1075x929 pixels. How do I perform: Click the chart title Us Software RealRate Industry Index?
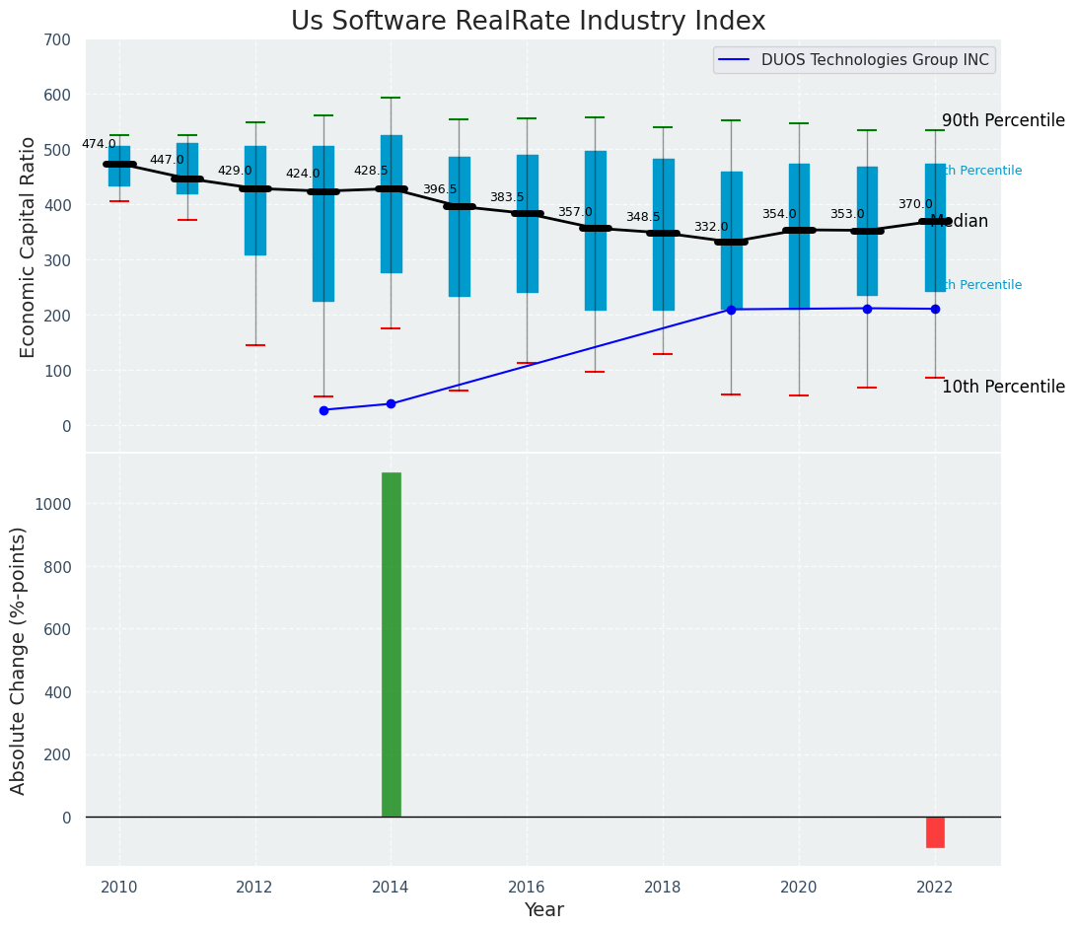point(528,22)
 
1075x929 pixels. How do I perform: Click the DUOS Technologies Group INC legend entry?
point(854,60)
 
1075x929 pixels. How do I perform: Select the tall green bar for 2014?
point(392,644)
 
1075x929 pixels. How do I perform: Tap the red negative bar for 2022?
point(935,831)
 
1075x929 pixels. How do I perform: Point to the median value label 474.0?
point(99,144)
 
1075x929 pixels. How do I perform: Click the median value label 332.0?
point(710,227)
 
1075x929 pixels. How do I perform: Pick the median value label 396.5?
point(440,189)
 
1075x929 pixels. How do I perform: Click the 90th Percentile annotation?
point(1003,121)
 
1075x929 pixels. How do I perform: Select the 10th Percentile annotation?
point(1003,388)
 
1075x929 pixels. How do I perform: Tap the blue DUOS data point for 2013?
point(323,410)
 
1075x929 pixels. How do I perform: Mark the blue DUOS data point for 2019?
point(731,310)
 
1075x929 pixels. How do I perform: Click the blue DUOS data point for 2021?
point(867,309)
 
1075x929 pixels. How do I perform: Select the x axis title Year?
point(543,910)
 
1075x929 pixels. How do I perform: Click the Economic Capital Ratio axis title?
point(28,247)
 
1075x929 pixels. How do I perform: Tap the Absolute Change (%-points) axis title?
point(19,660)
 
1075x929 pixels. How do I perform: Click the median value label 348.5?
point(643,217)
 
